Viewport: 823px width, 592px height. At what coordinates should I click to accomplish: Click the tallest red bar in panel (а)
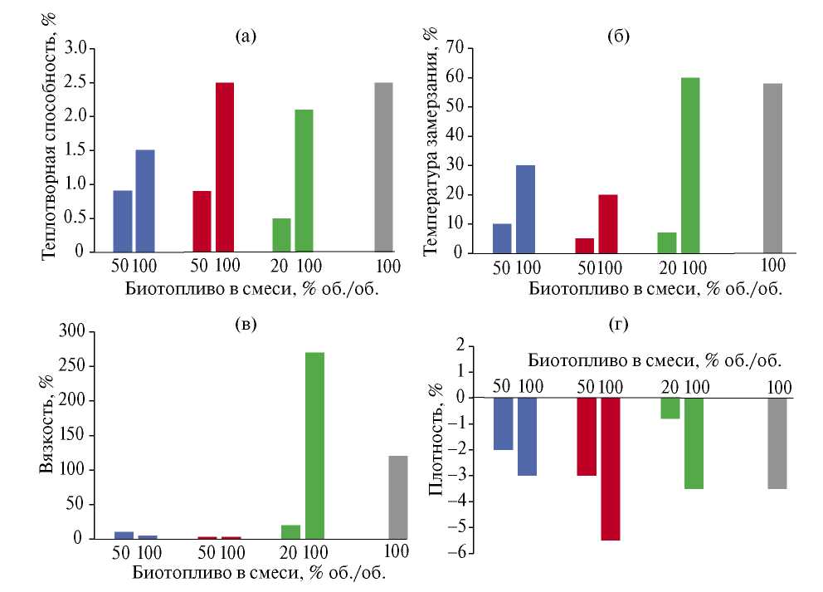click(225, 167)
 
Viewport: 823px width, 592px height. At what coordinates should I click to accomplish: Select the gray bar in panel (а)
click(383, 167)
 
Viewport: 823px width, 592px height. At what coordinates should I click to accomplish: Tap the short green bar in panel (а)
click(281, 234)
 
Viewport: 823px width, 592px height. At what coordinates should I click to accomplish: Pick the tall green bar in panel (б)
click(690, 165)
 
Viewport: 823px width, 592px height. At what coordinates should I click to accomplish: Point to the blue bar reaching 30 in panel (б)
click(525, 208)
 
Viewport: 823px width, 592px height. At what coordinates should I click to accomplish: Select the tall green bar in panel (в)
click(314, 445)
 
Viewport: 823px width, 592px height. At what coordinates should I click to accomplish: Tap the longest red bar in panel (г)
click(611, 468)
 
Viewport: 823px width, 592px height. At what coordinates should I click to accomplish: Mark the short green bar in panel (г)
click(670, 408)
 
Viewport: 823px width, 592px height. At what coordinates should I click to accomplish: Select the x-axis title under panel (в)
click(256, 572)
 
